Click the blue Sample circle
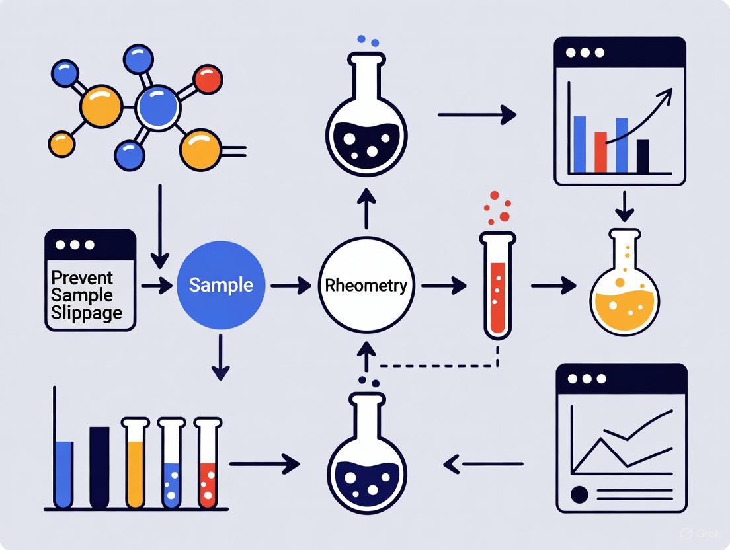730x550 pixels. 221,285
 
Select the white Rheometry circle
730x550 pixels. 366,286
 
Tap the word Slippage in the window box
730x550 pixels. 86,312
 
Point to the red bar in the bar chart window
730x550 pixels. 600,152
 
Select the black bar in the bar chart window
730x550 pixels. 642,155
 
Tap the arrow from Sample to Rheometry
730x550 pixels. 290,286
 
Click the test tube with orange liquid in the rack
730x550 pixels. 135,463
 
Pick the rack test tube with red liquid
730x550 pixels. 208,463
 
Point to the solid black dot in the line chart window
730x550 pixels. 580,493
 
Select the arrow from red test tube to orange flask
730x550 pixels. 553,286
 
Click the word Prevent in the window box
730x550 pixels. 82,277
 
